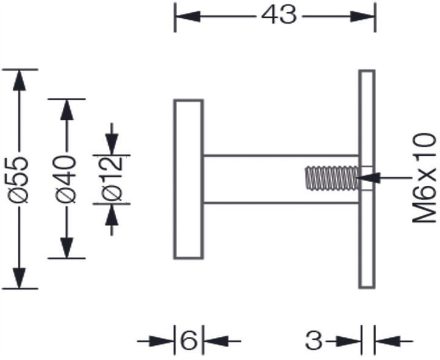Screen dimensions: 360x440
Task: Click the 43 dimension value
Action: pos(279,15)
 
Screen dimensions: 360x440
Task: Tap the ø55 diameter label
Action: pos(19,178)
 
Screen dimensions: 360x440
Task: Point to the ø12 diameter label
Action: pos(112,179)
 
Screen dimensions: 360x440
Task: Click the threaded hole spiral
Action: pos(331,178)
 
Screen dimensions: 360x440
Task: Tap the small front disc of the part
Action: pos(188,179)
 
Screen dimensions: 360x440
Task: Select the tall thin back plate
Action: pos(367,178)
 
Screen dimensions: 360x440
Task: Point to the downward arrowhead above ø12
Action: pos(111,144)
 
